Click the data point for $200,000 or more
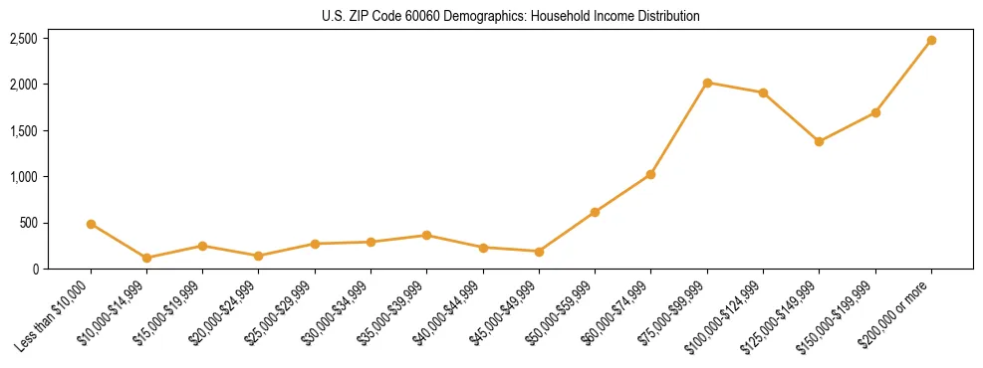click(931, 41)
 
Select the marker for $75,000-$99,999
click(707, 83)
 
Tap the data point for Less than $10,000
click(91, 224)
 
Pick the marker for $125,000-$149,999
click(819, 141)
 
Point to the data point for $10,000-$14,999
click(146, 258)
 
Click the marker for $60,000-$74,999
click(650, 174)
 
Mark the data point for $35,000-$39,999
click(426, 236)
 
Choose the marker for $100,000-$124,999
click(763, 92)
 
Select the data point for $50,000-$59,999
click(595, 212)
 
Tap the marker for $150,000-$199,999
click(875, 112)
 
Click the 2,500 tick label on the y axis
click(24, 39)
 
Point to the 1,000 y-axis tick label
click(24, 177)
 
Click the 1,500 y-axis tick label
click(24, 131)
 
